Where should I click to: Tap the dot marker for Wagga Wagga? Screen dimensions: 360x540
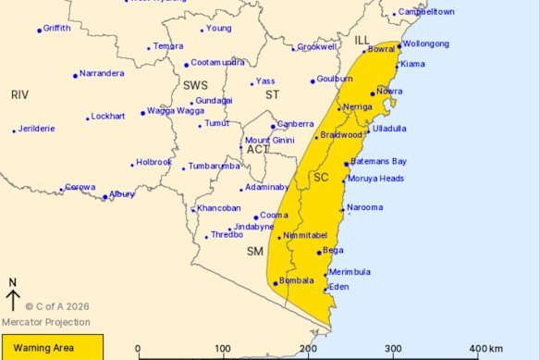click(143, 113)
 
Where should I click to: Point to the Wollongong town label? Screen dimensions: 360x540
click(425, 43)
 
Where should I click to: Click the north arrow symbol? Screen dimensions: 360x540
click(13, 299)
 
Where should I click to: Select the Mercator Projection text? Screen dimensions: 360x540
click(46, 322)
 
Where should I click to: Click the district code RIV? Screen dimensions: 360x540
click(20, 94)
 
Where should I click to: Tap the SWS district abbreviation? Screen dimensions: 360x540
click(195, 84)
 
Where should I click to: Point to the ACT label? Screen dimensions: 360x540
click(257, 150)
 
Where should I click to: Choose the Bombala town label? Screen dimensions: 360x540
click(298, 279)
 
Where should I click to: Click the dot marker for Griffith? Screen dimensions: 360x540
click(39, 31)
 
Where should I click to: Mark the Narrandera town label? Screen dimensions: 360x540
click(101, 72)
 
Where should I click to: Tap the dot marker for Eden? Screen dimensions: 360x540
click(325, 291)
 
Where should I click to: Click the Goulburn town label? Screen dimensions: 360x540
click(335, 80)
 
